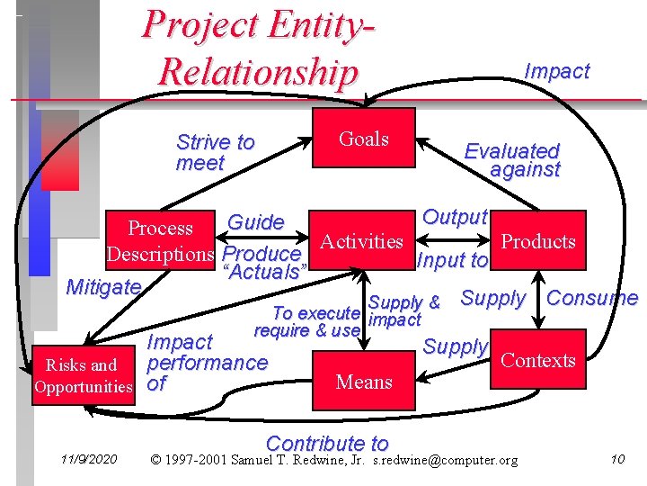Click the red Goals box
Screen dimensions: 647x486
[x=363, y=139]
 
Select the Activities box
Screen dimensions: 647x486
[x=361, y=241]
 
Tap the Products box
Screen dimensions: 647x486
[x=537, y=241]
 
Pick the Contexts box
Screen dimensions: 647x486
[x=537, y=360]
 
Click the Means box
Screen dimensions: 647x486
[x=363, y=382]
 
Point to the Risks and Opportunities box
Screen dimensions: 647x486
[x=83, y=376]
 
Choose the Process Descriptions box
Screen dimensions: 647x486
[x=160, y=241]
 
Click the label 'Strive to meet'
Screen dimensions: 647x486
[x=215, y=152]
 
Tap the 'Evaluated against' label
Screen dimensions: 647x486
[x=512, y=159]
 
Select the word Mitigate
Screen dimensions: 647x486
[x=104, y=287]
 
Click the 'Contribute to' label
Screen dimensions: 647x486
[x=327, y=443]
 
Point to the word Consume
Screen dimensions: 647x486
[x=592, y=298]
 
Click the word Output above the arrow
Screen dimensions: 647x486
[x=455, y=217]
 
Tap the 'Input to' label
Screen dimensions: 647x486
[x=454, y=261]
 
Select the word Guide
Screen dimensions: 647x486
[x=256, y=222]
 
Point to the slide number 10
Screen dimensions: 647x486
[x=617, y=460]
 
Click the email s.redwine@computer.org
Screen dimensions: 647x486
[x=445, y=461]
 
